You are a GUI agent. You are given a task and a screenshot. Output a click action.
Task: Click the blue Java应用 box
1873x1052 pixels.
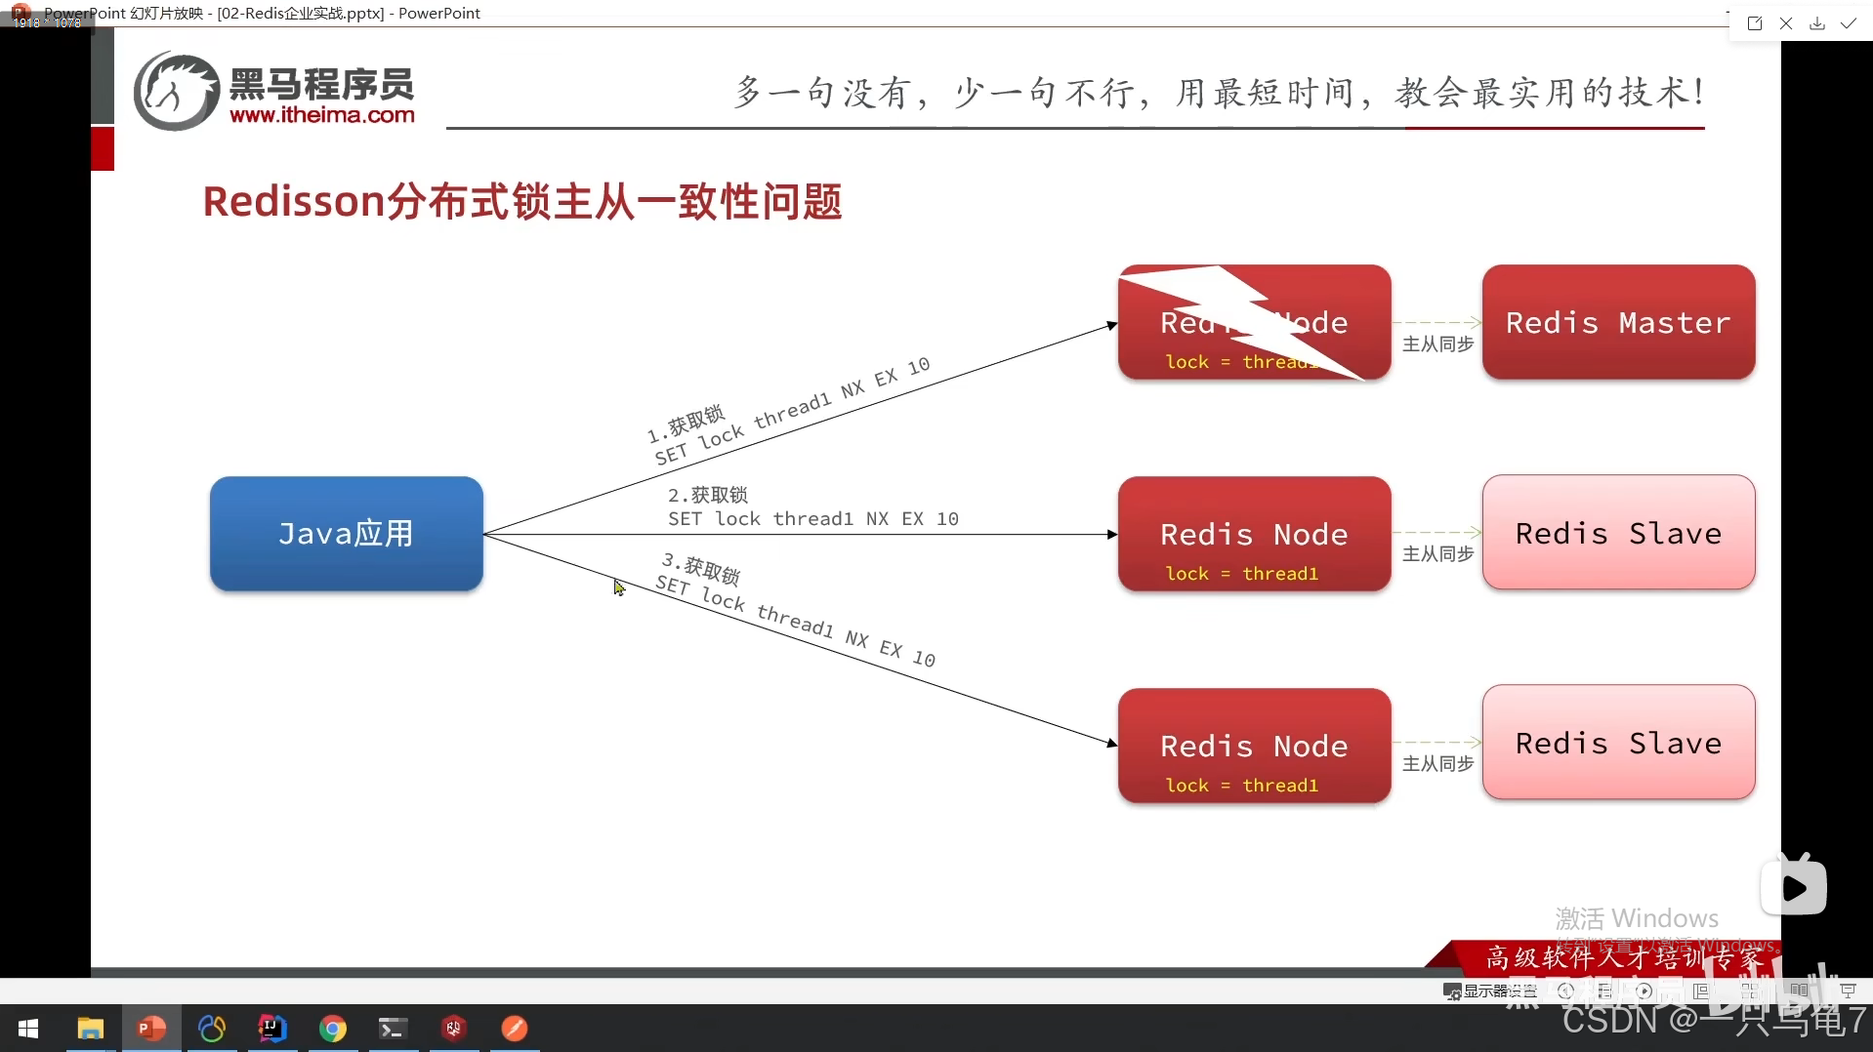click(x=346, y=534)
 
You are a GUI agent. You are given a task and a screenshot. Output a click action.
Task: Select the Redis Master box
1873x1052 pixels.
click(x=1618, y=322)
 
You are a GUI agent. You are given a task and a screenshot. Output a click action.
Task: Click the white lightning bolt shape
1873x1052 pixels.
click(x=1240, y=317)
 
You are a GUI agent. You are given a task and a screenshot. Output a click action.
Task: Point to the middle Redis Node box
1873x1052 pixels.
click(x=1254, y=534)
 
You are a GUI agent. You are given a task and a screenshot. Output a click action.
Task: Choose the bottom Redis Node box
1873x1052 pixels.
click(x=1254, y=746)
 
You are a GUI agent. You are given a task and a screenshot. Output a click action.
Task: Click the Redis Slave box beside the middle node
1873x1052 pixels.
click(x=1618, y=533)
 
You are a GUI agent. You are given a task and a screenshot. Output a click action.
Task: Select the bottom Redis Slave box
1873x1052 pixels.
click(x=1618, y=743)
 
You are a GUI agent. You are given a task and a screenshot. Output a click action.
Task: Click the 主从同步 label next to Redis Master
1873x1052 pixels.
click(x=1437, y=344)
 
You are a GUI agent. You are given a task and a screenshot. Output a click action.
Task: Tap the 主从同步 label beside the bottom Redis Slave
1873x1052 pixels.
click(x=1437, y=763)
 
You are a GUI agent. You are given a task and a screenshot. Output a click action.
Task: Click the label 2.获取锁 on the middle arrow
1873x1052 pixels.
click(x=708, y=495)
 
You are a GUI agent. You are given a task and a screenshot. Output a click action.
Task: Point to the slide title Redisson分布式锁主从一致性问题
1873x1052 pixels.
click(x=522, y=202)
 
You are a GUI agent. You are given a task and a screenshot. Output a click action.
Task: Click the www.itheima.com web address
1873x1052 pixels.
click(x=322, y=115)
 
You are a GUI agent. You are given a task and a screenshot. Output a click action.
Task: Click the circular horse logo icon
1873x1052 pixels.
click(x=176, y=91)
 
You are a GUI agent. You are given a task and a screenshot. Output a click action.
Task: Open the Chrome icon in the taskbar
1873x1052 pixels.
click(x=333, y=1029)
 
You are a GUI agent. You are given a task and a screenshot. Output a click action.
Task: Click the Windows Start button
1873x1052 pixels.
click(x=28, y=1029)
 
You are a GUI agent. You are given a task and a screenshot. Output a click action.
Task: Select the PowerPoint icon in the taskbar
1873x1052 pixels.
click(x=151, y=1029)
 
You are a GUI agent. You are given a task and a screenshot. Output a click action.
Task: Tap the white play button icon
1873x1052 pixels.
click(x=1794, y=887)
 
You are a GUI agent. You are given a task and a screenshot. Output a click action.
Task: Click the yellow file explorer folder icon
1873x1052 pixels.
click(x=91, y=1029)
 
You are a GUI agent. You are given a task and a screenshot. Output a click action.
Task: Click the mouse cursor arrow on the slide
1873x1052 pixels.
click(x=618, y=587)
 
